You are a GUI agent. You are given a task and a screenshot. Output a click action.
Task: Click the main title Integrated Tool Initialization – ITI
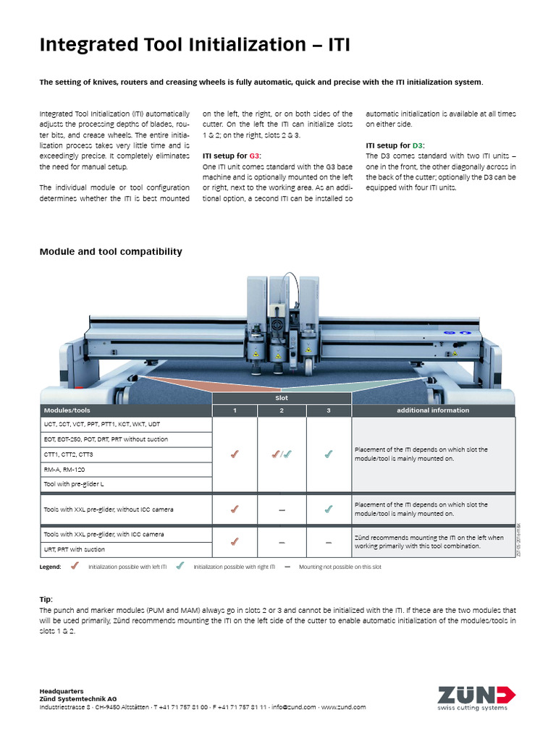tap(194, 46)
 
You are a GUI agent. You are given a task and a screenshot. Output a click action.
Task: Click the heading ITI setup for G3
tap(232, 156)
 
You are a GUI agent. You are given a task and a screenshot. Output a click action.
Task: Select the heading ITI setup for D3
tap(396, 145)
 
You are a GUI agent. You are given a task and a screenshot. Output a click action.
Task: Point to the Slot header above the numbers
tap(281, 398)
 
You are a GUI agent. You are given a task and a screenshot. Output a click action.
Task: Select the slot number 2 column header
tap(281, 410)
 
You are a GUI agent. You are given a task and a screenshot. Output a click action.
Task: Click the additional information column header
tap(433, 410)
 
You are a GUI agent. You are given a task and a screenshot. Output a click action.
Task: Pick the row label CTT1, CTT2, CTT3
tap(69, 454)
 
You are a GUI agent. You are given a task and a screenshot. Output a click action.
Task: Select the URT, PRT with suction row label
tap(76, 549)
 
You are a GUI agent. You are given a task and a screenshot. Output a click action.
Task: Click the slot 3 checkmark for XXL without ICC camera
tap(328, 509)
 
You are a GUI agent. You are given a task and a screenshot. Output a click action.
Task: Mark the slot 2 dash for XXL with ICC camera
tap(281, 541)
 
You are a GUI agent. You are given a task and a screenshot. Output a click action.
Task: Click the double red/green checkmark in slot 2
tap(281, 454)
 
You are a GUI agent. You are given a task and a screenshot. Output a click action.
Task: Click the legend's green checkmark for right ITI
tap(180, 567)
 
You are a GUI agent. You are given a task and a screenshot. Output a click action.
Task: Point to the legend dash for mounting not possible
tap(287, 567)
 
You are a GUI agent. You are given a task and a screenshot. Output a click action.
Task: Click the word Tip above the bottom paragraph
tap(46, 600)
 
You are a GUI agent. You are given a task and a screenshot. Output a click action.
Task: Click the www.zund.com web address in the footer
tap(343, 707)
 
